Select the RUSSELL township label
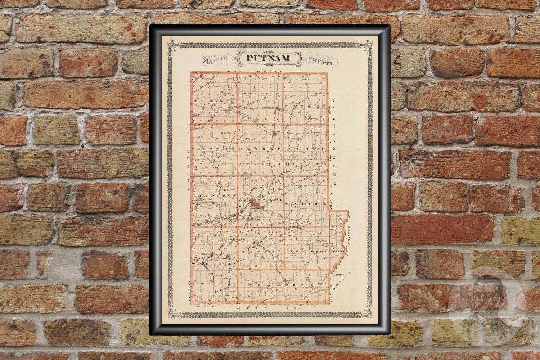coord(212,102)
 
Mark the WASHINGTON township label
coord(213,264)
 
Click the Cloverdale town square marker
coord(284,280)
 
